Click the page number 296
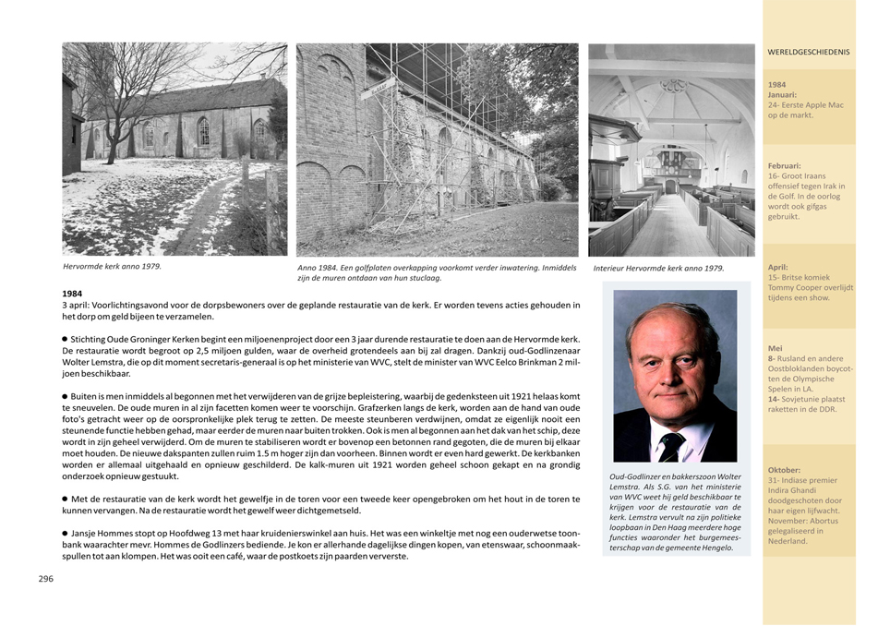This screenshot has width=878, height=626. click(45, 578)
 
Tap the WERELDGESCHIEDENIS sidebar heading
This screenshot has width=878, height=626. click(809, 53)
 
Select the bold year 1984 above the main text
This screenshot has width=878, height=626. click(73, 294)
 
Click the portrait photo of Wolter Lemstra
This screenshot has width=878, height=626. click(675, 376)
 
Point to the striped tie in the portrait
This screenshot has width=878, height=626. click(672, 446)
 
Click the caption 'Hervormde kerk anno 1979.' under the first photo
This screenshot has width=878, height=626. click(112, 266)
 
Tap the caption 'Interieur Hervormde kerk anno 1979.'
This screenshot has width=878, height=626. click(658, 269)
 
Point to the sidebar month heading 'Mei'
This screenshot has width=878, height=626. click(776, 348)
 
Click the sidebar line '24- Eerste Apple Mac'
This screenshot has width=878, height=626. click(805, 105)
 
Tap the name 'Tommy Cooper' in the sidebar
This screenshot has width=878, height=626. click(796, 287)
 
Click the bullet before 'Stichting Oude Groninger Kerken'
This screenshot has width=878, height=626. click(66, 340)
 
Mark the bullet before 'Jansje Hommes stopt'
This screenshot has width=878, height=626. click(66, 533)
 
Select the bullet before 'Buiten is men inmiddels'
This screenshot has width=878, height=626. click(66, 395)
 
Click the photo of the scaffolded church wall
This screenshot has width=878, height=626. click(437, 150)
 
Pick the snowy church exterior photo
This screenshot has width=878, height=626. click(174, 149)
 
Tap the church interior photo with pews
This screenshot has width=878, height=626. click(671, 150)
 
